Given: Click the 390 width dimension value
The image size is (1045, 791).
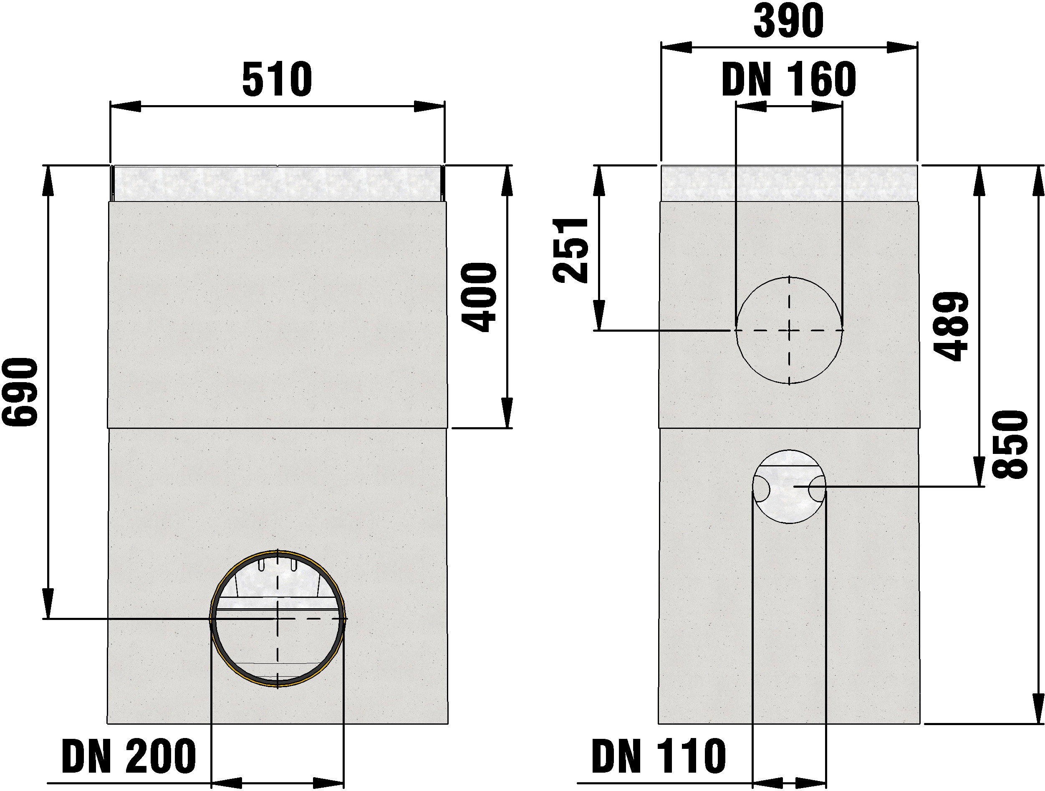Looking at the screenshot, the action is pos(788,21).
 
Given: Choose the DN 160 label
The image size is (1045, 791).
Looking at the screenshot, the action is pos(789,79).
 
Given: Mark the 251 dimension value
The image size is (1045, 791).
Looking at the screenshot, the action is pos(570,250).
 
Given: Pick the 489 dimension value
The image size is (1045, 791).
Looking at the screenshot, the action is pos(951,326).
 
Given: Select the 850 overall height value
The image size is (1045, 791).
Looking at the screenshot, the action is pos(1010,444).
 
